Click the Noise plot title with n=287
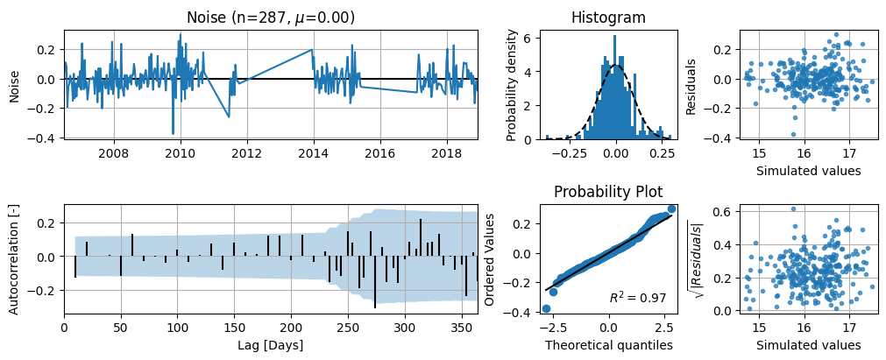(271, 18)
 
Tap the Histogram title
(608, 18)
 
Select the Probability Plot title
(608, 192)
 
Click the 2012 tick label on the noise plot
(247, 153)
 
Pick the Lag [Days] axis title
(271, 344)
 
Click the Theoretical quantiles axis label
(608, 344)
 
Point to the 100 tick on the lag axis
(177, 328)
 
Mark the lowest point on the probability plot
(546, 308)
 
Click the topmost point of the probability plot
(671, 208)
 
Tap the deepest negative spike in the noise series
(173, 133)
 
